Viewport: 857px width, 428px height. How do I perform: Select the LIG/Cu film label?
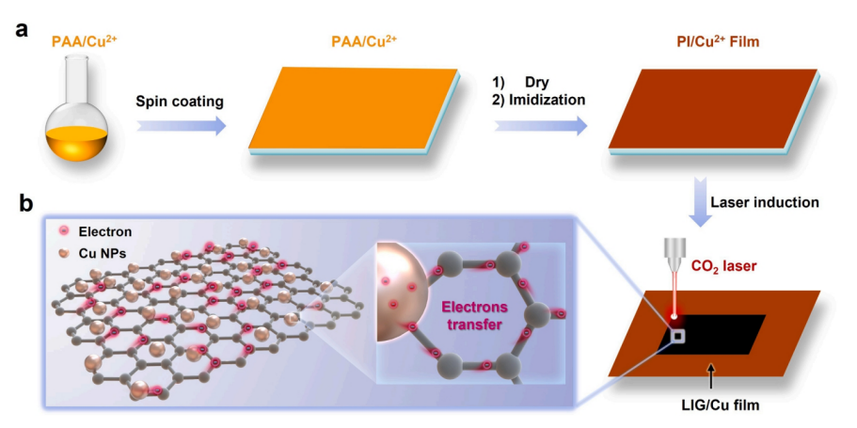point(722,406)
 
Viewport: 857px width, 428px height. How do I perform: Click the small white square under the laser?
point(676,336)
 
